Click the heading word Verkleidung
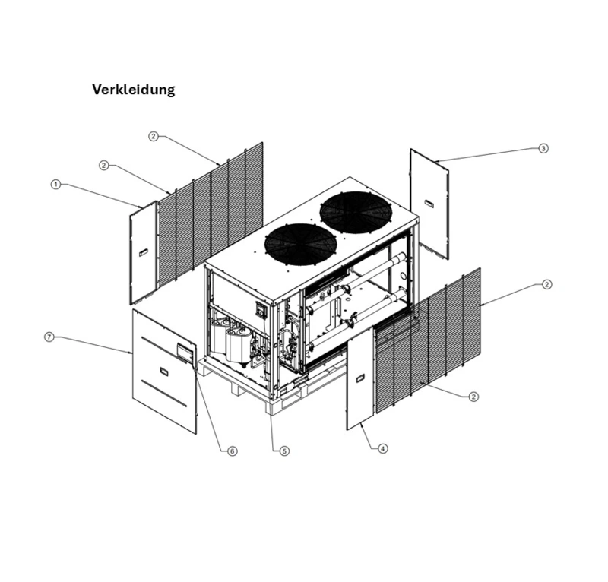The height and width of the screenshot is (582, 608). [x=133, y=90]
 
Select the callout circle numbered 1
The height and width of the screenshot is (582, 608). [x=55, y=185]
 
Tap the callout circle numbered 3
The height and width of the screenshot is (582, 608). [x=543, y=148]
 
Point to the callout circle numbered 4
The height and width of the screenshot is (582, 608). [x=383, y=448]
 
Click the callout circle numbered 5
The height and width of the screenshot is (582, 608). [x=284, y=451]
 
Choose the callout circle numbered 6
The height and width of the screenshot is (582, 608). [x=233, y=451]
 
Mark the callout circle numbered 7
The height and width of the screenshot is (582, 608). [x=49, y=337]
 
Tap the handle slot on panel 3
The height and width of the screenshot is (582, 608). [x=429, y=203]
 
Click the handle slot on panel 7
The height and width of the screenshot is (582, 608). [x=165, y=372]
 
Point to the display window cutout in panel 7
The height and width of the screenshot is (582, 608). [x=185, y=351]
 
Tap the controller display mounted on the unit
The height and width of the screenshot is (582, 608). [x=261, y=310]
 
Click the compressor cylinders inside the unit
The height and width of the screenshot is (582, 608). [x=228, y=340]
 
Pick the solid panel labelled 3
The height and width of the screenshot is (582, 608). [x=429, y=201]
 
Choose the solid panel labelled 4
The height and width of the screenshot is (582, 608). [x=360, y=380]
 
